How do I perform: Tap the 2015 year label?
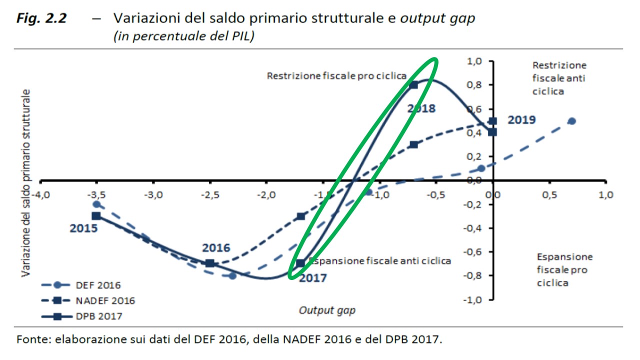[x=83, y=228]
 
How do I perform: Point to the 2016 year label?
[x=216, y=248]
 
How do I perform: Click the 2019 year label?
[x=521, y=120]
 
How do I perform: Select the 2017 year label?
[x=312, y=278]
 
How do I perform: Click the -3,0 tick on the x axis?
[x=153, y=194]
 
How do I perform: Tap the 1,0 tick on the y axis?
[x=474, y=61]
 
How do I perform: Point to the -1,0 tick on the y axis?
[x=472, y=299]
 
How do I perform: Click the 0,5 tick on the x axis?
[x=549, y=194]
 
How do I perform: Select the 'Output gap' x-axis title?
[x=327, y=310]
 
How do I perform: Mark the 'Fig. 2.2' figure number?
[x=41, y=18]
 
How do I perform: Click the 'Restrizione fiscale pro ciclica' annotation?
[x=336, y=76]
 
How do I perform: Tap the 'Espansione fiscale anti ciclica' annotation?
[x=380, y=260]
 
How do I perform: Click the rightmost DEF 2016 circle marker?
[x=572, y=121]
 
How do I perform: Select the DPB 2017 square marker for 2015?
[x=96, y=216]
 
